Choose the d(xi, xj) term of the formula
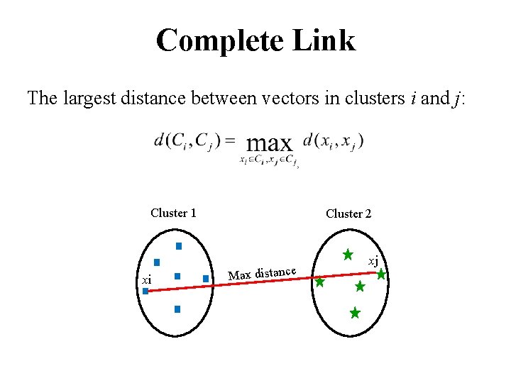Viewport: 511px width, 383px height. click(x=333, y=141)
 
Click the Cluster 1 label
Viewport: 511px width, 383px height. click(x=173, y=213)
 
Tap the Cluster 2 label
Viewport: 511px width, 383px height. click(x=348, y=213)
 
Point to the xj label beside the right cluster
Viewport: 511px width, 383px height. click(x=372, y=261)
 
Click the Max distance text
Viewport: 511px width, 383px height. click(x=262, y=272)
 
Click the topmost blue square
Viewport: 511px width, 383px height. click(x=179, y=246)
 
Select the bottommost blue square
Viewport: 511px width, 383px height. click(x=177, y=309)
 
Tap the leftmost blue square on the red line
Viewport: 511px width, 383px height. click(x=145, y=291)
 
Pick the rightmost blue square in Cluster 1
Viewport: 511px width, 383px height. click(x=205, y=279)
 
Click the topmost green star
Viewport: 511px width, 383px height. click(x=348, y=254)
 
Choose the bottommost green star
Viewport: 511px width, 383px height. click(x=355, y=312)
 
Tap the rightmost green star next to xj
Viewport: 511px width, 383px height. click(x=381, y=274)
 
